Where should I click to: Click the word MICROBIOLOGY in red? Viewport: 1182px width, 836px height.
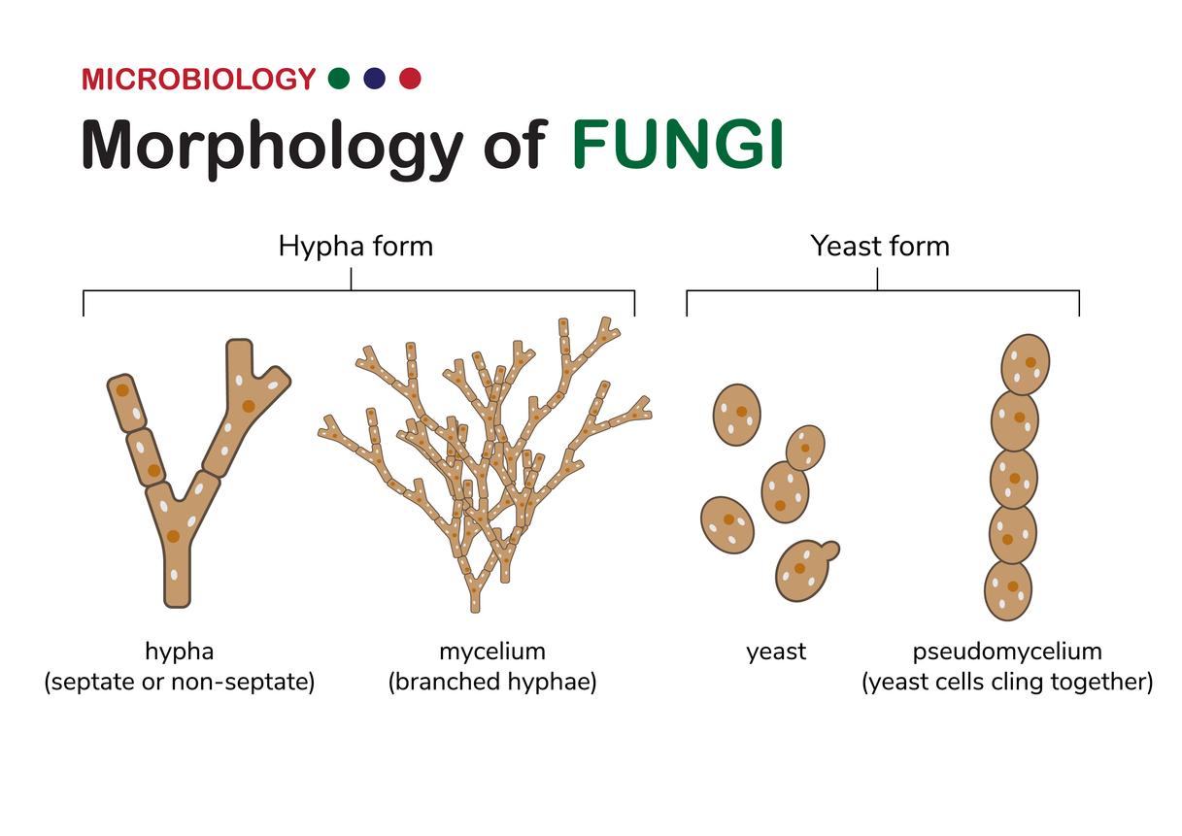pos(198,79)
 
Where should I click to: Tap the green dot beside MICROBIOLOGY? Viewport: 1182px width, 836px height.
pos(339,79)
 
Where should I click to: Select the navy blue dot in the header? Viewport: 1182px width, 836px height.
pos(375,79)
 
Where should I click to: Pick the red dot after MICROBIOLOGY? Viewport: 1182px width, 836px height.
pos(410,79)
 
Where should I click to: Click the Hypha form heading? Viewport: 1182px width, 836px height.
pos(355,247)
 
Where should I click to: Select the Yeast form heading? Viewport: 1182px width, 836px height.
pos(880,247)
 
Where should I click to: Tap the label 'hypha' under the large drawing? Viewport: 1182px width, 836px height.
pos(179,651)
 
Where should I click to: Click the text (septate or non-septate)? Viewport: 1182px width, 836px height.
pos(180,683)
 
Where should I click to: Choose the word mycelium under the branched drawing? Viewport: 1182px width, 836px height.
pos(492,651)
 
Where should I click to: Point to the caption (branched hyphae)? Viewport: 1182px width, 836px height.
pos(492,683)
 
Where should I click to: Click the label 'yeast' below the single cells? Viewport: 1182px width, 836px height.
pos(776,652)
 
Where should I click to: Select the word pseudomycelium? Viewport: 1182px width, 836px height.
pos(1007,651)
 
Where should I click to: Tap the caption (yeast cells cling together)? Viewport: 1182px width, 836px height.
pos(1007,683)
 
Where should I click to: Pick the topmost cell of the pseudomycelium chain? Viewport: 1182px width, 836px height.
pos(1026,363)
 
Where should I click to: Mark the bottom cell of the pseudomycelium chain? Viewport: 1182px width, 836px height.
pos(1008,590)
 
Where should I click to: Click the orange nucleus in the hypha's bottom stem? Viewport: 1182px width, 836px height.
pos(173,536)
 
